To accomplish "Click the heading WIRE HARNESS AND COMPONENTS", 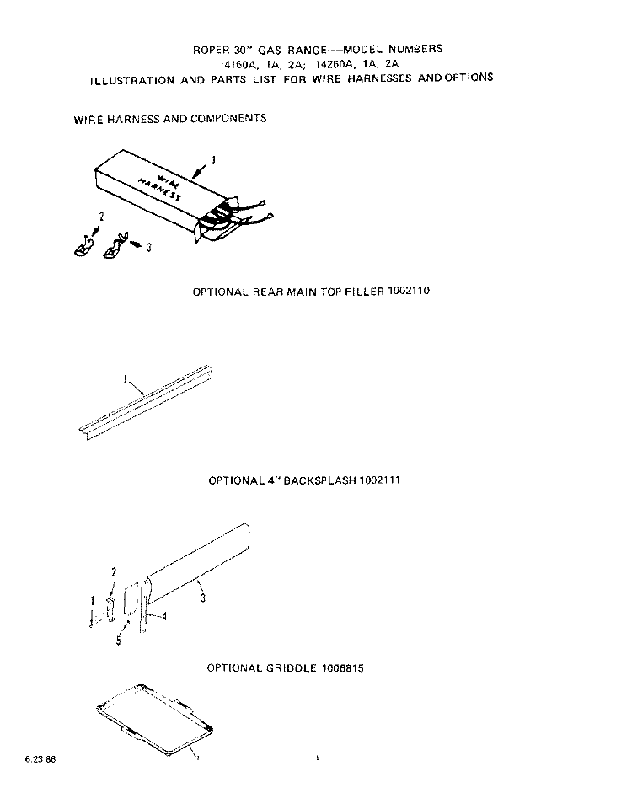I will point(170,119).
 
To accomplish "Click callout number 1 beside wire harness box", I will point(212,160).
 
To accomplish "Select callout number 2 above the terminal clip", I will point(100,217).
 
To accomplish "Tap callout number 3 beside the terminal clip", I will point(149,248).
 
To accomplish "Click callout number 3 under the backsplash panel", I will point(203,598).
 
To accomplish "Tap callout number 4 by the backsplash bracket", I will point(163,616).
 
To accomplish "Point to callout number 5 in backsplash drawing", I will point(119,641).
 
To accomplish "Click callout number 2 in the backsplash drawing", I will point(114,572).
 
